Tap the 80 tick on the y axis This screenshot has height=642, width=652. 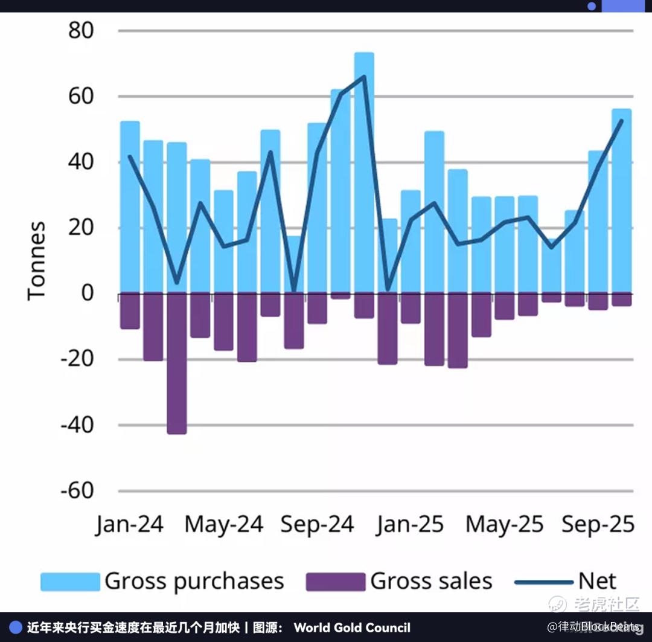pos(81,30)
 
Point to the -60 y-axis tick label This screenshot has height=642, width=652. pos(77,490)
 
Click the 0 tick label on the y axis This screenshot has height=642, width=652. pos(88,294)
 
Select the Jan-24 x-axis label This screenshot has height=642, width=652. pos(129,524)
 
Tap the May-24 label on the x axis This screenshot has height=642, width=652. pos(223,524)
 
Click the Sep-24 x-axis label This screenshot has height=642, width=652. pos(317,524)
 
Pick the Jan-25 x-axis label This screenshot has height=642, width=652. pos(410,524)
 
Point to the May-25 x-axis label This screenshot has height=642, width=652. pos(504,524)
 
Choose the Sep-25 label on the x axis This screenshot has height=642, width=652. pos(598,524)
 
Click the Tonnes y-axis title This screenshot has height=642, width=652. pos(37,260)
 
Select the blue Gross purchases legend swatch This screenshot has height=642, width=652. pos(70,582)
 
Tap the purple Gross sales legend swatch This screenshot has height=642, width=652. pos(336,582)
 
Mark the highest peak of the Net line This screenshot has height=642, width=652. pos(364,76)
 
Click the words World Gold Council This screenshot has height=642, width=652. pos(352,628)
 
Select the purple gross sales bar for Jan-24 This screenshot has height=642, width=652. pos(130,311)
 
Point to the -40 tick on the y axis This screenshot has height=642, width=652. pos(77,425)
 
